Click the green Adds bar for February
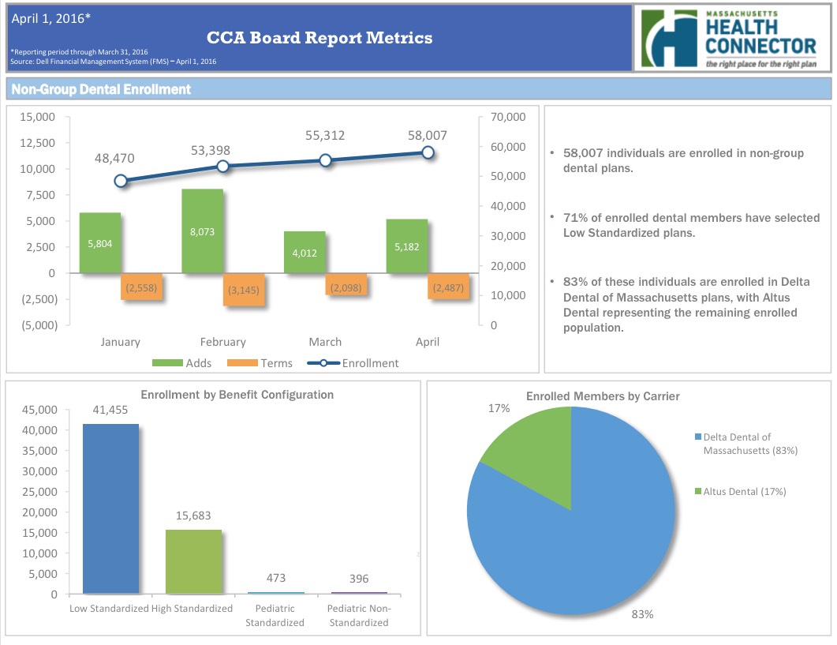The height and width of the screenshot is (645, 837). point(202,231)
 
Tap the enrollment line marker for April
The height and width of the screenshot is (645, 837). point(428,152)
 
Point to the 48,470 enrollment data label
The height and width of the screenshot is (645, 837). point(114,159)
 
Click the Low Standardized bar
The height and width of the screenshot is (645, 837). point(110,508)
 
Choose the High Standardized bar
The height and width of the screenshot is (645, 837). point(193,561)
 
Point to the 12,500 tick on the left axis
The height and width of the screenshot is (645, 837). point(33,143)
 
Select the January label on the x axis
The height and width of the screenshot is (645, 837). point(121,342)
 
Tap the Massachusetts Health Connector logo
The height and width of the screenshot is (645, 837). point(730,38)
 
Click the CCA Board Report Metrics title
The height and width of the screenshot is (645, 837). point(319,37)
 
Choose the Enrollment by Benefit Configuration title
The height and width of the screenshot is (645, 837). point(237,395)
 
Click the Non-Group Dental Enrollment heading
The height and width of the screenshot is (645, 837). point(102,89)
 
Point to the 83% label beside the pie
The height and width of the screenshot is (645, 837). point(642,614)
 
